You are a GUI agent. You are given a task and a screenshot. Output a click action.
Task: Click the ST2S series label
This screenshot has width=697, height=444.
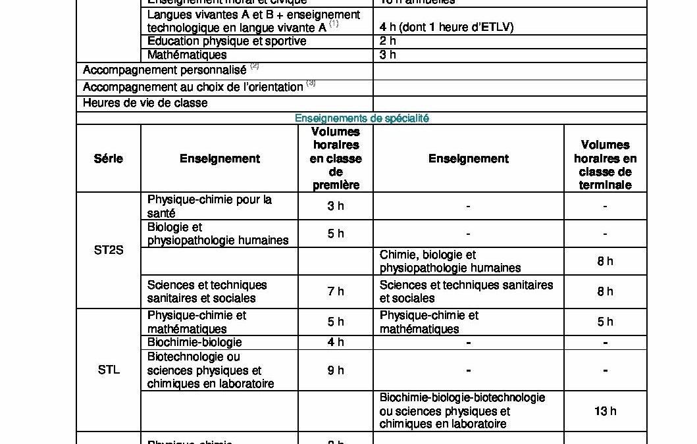coord(109,250)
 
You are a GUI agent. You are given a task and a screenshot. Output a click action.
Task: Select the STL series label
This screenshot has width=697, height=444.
coord(109,369)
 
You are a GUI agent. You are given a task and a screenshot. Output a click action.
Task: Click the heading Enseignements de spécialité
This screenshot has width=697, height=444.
coord(361,118)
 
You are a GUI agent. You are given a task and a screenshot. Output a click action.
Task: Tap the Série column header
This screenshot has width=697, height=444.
coord(109,159)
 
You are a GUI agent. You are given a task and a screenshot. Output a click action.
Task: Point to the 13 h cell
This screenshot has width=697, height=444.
coord(605,411)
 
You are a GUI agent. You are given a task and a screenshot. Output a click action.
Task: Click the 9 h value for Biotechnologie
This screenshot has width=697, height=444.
coord(336,370)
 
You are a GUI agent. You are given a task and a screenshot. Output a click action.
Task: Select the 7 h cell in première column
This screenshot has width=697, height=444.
coord(336,291)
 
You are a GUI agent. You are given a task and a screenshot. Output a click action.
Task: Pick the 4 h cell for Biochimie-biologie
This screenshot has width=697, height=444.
coord(336,342)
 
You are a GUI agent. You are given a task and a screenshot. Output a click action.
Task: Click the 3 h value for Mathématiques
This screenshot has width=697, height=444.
coord(388,55)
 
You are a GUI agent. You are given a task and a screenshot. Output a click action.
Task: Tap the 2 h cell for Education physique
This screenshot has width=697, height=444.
coord(388,41)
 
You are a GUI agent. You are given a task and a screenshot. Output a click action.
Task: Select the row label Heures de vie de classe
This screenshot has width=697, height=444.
coord(145,103)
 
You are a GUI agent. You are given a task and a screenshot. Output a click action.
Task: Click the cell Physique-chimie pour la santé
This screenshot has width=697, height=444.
coord(210,206)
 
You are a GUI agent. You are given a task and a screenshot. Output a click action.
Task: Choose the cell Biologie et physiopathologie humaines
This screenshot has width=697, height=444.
coord(218,234)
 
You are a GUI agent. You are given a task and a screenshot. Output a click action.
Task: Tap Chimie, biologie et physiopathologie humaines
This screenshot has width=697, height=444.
coord(451,261)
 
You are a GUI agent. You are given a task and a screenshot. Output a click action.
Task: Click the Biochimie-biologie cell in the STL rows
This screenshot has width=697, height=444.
coord(195,342)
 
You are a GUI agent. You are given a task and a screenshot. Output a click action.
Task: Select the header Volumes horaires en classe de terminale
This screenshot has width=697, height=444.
coord(605,164)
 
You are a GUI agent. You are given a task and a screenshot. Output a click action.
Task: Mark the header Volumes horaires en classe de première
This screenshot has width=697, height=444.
coord(336,159)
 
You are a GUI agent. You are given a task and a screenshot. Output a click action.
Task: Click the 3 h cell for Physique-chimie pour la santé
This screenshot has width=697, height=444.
coord(336,206)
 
